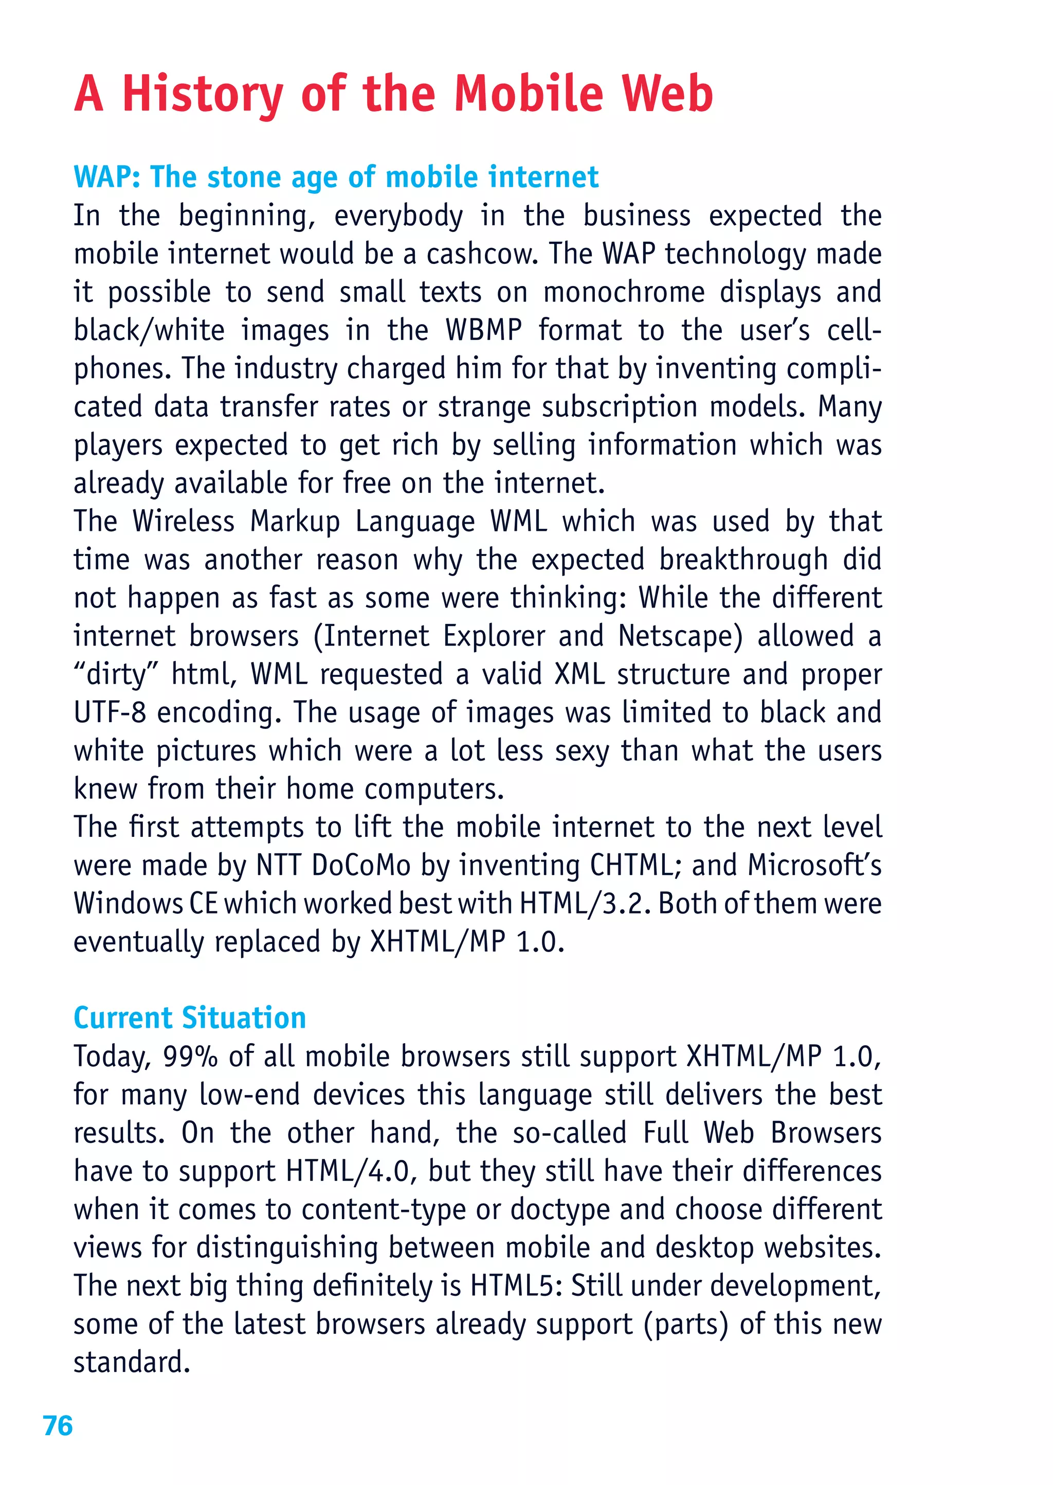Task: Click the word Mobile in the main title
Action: pyautogui.click(x=529, y=94)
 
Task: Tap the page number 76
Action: pyautogui.click(x=58, y=1426)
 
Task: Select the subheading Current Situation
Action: pyautogui.click(x=189, y=1017)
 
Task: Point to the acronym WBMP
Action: pyautogui.click(x=483, y=330)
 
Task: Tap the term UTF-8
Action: pyautogui.click(x=110, y=713)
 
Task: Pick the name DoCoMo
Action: pyautogui.click(x=361, y=866)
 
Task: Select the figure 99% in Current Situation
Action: pyautogui.click(x=190, y=1057)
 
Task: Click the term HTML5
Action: pyautogui.click(x=516, y=1286)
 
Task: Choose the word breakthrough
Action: pyautogui.click(x=743, y=560)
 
